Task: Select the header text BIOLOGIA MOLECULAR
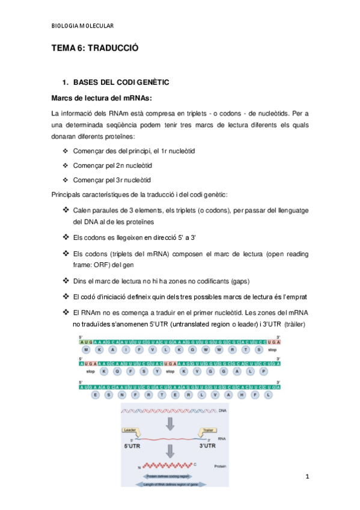[x=82, y=25]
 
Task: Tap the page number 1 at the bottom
[x=307, y=477]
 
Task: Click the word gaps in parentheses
[x=236, y=281]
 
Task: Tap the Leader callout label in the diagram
[x=130, y=429]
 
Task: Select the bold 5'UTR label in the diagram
[x=133, y=446]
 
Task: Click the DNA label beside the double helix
[x=223, y=410]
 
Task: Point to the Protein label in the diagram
[x=221, y=465]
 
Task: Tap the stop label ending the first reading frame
[x=272, y=349]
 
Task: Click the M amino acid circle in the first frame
[x=86, y=349]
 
